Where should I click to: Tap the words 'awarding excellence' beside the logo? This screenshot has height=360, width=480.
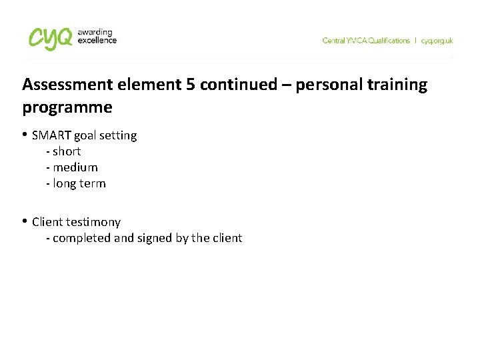97,36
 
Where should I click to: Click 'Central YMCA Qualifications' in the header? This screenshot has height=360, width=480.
366,41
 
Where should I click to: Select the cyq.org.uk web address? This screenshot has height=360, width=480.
437,41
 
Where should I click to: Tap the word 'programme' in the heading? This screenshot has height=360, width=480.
67,107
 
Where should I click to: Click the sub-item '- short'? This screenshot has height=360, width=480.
63,151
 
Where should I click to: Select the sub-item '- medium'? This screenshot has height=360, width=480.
72,167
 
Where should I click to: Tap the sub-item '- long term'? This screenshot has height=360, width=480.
76,183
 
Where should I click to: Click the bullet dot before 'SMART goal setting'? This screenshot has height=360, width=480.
25,135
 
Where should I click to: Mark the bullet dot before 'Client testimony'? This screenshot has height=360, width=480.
25,221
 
